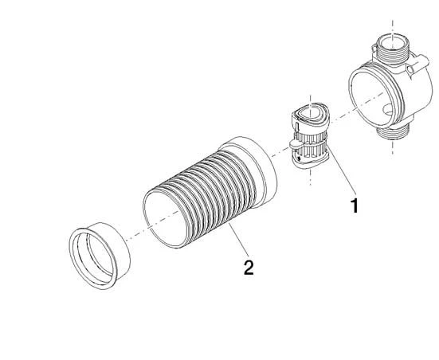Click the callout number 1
(355, 205)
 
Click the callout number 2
(249, 268)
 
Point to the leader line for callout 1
(342, 170)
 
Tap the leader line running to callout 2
(238, 239)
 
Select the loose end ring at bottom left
(100, 256)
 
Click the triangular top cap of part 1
(310, 114)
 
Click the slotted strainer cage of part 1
(312, 143)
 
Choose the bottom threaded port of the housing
(393, 131)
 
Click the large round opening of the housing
(372, 95)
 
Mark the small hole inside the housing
(388, 109)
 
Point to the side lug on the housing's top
(418, 65)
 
